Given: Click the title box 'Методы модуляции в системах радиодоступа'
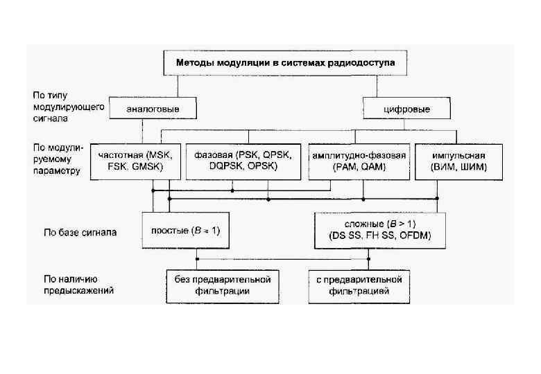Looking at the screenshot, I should [285, 63].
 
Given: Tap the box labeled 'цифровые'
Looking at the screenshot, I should [406, 109].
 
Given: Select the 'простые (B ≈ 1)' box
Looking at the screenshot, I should [185, 231].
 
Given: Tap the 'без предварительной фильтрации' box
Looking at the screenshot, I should [217, 285].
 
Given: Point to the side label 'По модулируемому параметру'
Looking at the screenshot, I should [58, 159].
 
